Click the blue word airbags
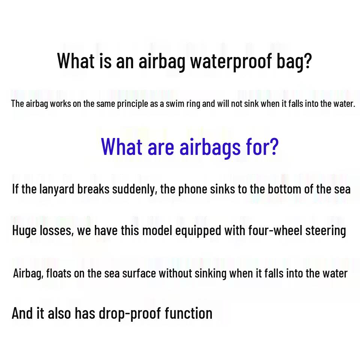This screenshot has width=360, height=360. pyautogui.click(x=210, y=147)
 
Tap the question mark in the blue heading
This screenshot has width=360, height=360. pyautogui.click(x=274, y=147)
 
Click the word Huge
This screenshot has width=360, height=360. pyautogui.click(x=24, y=231)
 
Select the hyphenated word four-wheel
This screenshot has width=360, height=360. pyautogui.click(x=275, y=230)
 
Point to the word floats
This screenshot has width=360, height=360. pyautogui.click(x=58, y=273)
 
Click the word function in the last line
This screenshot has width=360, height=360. pyautogui.click(x=189, y=313)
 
